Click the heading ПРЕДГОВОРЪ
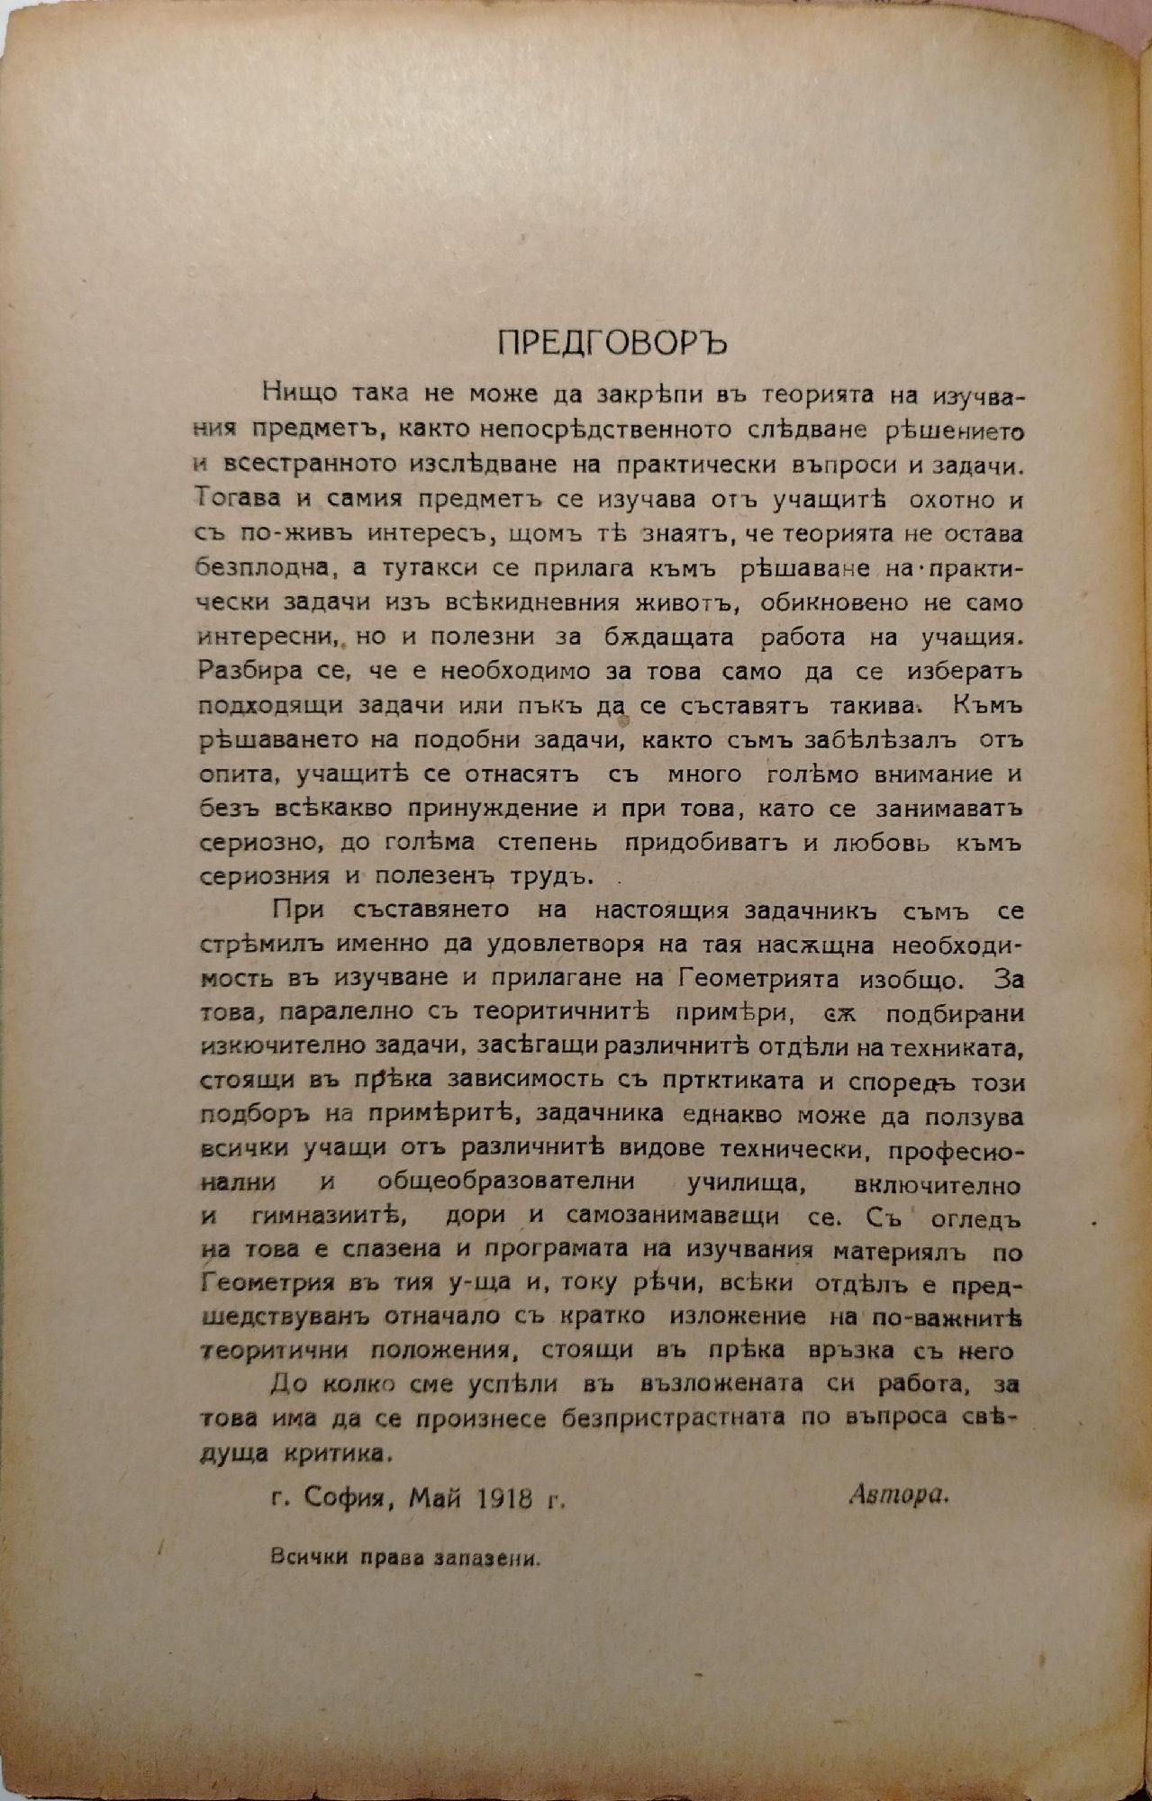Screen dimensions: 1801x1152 612,343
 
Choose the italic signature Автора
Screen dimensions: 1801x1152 899,1497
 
